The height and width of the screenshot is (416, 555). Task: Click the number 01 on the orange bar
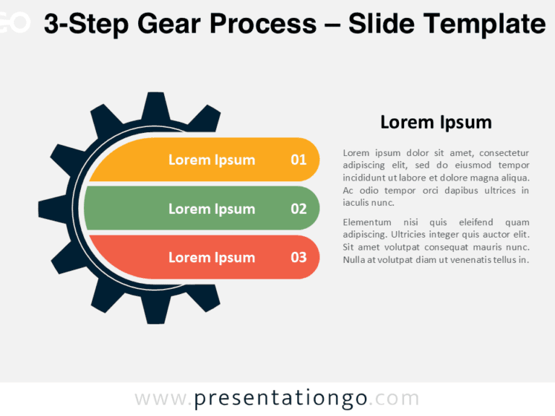pos(298,160)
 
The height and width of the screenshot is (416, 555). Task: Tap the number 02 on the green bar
pos(298,209)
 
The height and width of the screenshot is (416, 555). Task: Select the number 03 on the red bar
pos(298,257)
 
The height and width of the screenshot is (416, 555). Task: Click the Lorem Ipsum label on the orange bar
pos(212,160)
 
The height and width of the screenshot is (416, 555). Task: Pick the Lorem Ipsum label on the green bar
pos(212,209)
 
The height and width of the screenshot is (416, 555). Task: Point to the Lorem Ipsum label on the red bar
pos(212,257)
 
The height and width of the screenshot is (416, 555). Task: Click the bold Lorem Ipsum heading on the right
pos(436,122)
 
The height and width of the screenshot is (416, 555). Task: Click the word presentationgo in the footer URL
pos(281,398)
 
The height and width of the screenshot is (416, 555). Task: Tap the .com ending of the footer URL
pos(397,398)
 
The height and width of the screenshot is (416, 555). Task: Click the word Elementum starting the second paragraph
pos(367,222)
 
